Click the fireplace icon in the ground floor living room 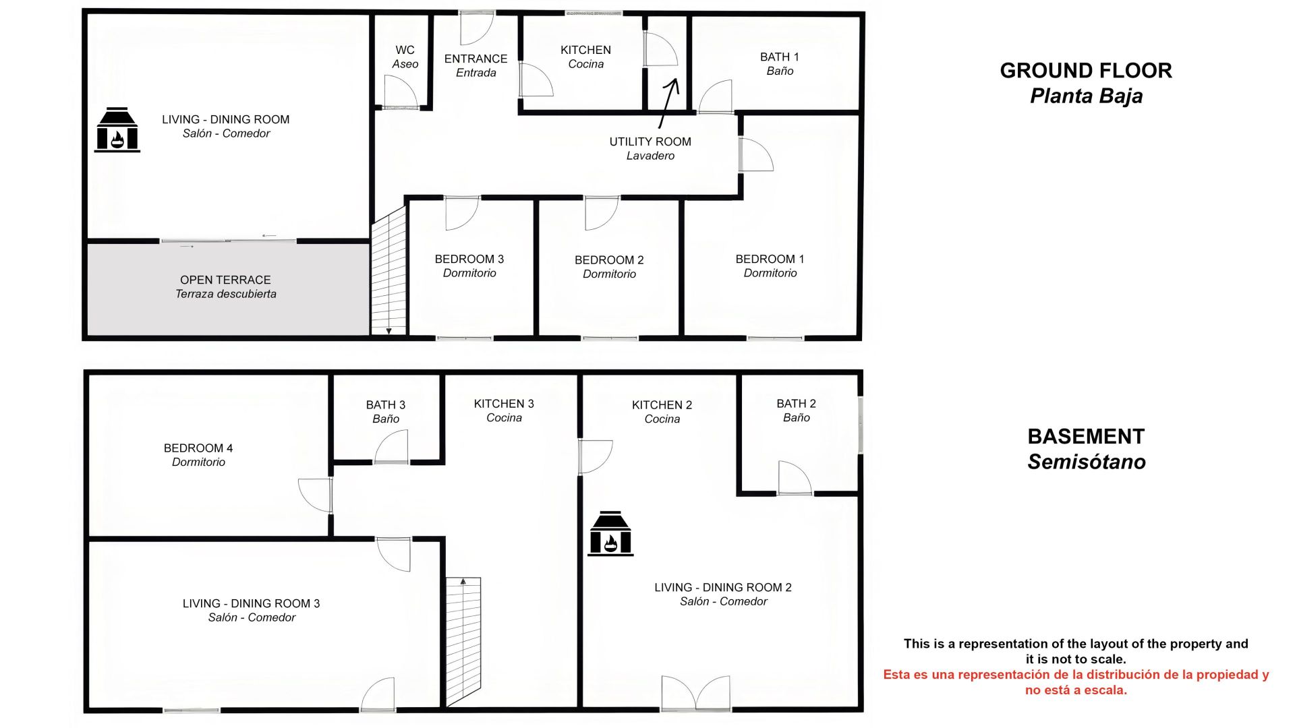click(117, 129)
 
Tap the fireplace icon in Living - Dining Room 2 click(610, 533)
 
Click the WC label click(405, 57)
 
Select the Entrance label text click(476, 65)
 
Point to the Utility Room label click(650, 148)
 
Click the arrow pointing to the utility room click(668, 103)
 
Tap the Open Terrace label click(226, 286)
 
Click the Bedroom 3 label click(469, 266)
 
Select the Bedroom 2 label click(609, 266)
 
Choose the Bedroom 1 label click(770, 266)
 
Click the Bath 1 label click(780, 63)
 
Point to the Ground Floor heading click(1086, 83)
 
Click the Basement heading click(1087, 449)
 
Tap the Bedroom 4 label click(198, 454)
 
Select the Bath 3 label click(386, 411)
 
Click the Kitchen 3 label click(504, 410)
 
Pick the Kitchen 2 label click(662, 411)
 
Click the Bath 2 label click(797, 410)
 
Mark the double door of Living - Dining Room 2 click(696, 694)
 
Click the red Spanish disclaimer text click(1076, 682)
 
